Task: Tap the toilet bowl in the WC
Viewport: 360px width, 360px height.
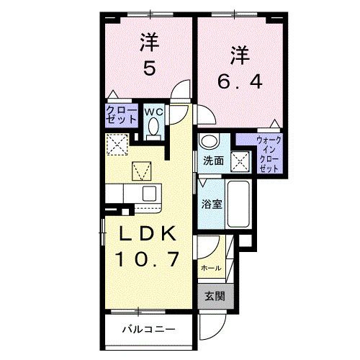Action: coord(153,128)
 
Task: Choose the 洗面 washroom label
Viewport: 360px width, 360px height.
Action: coord(212,159)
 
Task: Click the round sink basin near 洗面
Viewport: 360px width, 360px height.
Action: coord(210,141)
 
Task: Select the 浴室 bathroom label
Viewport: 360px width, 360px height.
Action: coord(212,204)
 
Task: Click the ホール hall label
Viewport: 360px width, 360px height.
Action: coord(211,267)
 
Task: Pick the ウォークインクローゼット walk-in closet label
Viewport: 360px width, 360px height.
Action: coord(269,154)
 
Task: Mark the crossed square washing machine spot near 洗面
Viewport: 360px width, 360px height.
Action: coord(240,159)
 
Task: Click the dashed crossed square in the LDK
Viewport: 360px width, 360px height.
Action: coord(116,145)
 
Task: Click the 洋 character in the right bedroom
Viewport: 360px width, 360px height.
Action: coord(240,54)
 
